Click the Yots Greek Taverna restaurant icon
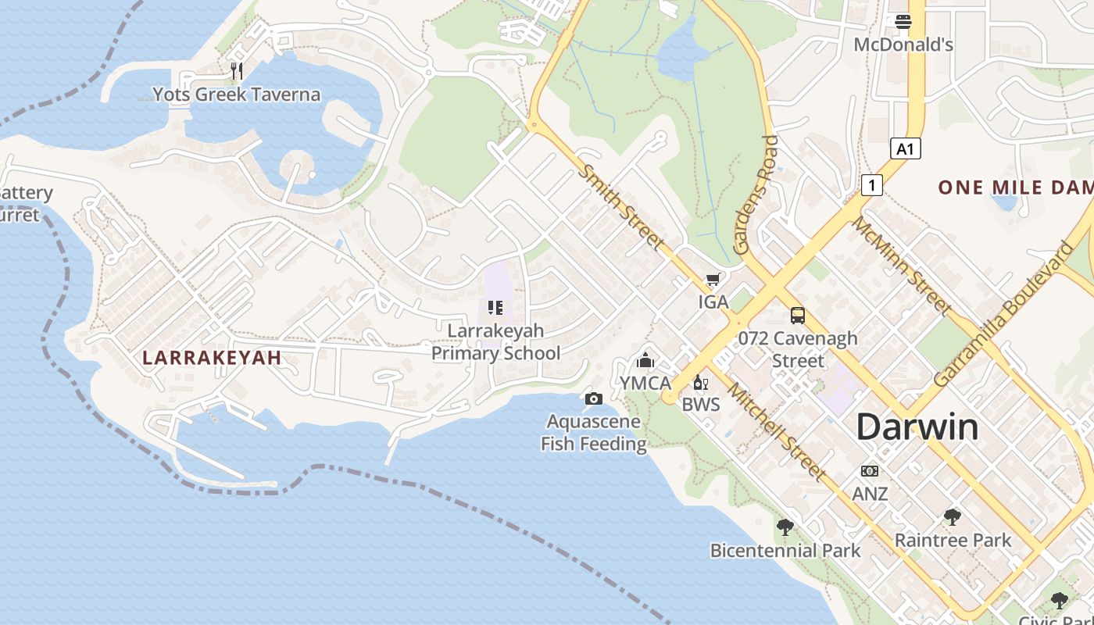237,71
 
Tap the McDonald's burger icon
903,22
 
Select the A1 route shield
905,148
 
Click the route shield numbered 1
872,185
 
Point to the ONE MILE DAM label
1015,187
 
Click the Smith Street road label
623,208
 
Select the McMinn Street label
901,266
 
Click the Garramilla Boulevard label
1004,314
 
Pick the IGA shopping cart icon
713,280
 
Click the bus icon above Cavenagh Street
797,316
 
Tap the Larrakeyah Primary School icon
495,308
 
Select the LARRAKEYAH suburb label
212,358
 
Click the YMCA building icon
645,360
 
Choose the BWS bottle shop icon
700,382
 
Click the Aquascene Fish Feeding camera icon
594,399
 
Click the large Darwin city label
917,427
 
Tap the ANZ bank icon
869,471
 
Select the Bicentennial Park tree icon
785,527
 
